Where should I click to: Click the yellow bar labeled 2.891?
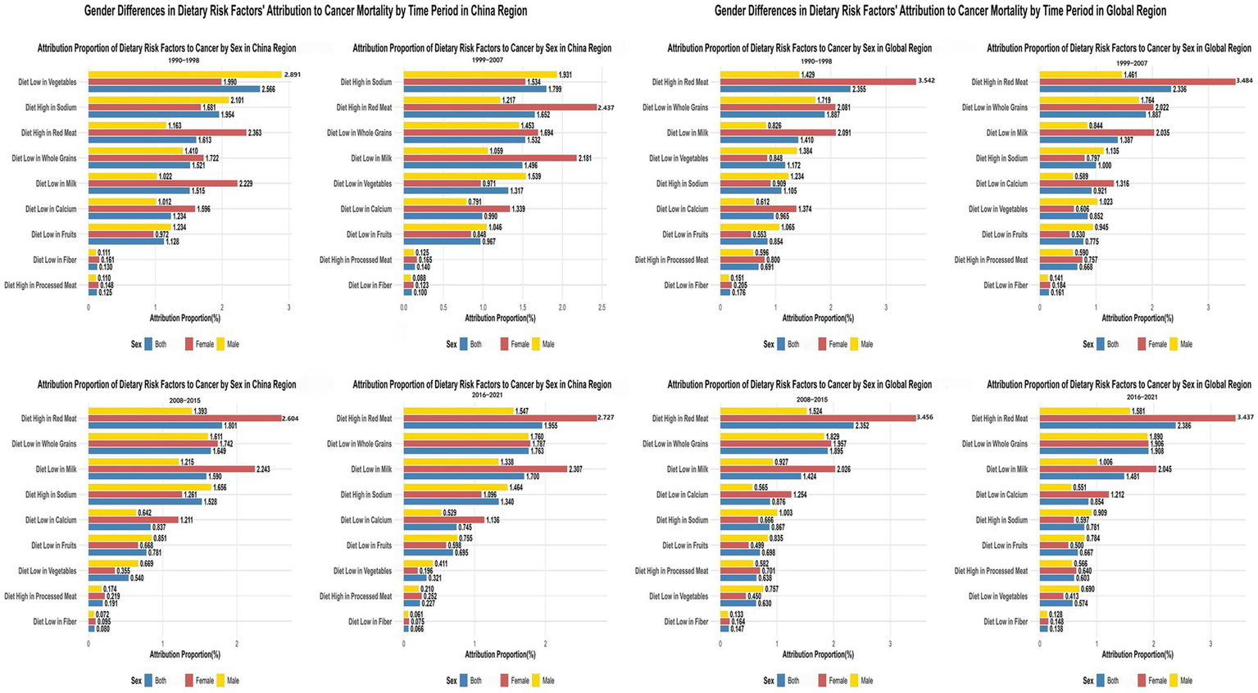(x=184, y=75)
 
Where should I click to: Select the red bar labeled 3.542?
(x=817, y=82)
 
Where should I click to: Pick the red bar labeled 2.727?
(x=500, y=419)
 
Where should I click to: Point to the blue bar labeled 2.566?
(x=174, y=89)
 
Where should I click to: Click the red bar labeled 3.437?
(x=1137, y=419)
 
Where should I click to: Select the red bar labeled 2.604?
(x=184, y=419)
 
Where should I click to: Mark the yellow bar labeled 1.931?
(x=479, y=75)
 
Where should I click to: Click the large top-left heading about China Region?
(x=306, y=11)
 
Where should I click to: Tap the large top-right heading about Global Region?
(x=940, y=11)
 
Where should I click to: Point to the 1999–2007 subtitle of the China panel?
(x=487, y=60)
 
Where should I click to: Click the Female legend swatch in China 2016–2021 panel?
(x=505, y=681)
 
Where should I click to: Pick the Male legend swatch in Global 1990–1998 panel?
(x=854, y=344)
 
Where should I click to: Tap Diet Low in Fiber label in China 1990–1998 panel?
(x=54, y=260)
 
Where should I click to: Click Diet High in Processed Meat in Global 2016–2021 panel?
(x=990, y=571)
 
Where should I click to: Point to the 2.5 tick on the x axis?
(x=602, y=308)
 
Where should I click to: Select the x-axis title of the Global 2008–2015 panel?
(x=817, y=654)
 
